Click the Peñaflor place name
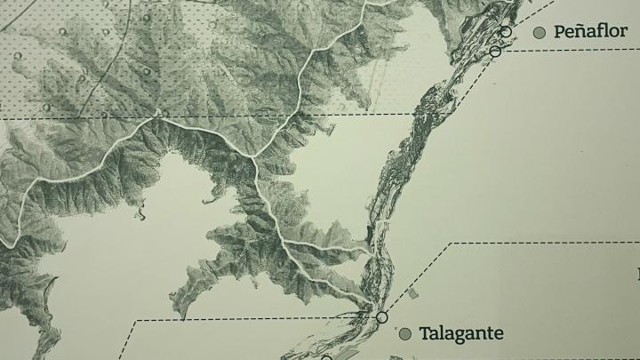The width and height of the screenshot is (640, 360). coord(590,32)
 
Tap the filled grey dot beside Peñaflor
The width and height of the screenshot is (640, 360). coord(539,33)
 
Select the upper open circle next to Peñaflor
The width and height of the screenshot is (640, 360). coord(506,32)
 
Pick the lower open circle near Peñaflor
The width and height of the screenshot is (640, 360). coord(496,52)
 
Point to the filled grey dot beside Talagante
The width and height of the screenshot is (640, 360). coord(404,334)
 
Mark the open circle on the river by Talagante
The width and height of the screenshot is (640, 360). coord(382,316)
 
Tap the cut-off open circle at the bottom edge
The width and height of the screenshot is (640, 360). coord(326,358)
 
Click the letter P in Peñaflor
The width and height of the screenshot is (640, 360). coord(559,32)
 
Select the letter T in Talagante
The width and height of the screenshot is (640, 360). coord(424,334)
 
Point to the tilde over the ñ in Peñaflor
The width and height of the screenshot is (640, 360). coord(580,25)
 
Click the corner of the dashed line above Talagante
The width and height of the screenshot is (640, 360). coord(454,243)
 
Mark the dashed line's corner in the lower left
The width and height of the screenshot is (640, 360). coord(137,321)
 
